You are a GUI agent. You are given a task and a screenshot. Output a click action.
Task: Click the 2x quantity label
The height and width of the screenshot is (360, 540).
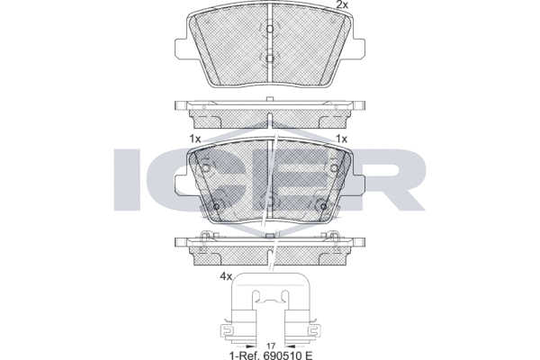[342, 4]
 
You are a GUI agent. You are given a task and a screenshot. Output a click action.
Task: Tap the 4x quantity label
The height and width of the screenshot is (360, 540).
[226, 276]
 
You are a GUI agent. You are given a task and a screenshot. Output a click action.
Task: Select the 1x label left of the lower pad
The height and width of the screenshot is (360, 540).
[195, 139]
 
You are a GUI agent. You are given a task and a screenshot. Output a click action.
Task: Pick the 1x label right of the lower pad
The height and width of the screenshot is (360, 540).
[342, 139]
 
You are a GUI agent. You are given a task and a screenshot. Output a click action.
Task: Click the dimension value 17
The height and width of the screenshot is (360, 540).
[271, 345]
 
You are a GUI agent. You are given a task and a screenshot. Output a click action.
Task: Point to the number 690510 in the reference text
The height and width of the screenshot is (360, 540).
[283, 355]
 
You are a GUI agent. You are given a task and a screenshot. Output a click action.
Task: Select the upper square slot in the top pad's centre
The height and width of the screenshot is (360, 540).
[270, 29]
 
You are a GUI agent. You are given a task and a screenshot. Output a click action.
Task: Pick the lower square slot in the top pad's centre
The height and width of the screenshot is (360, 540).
[270, 58]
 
